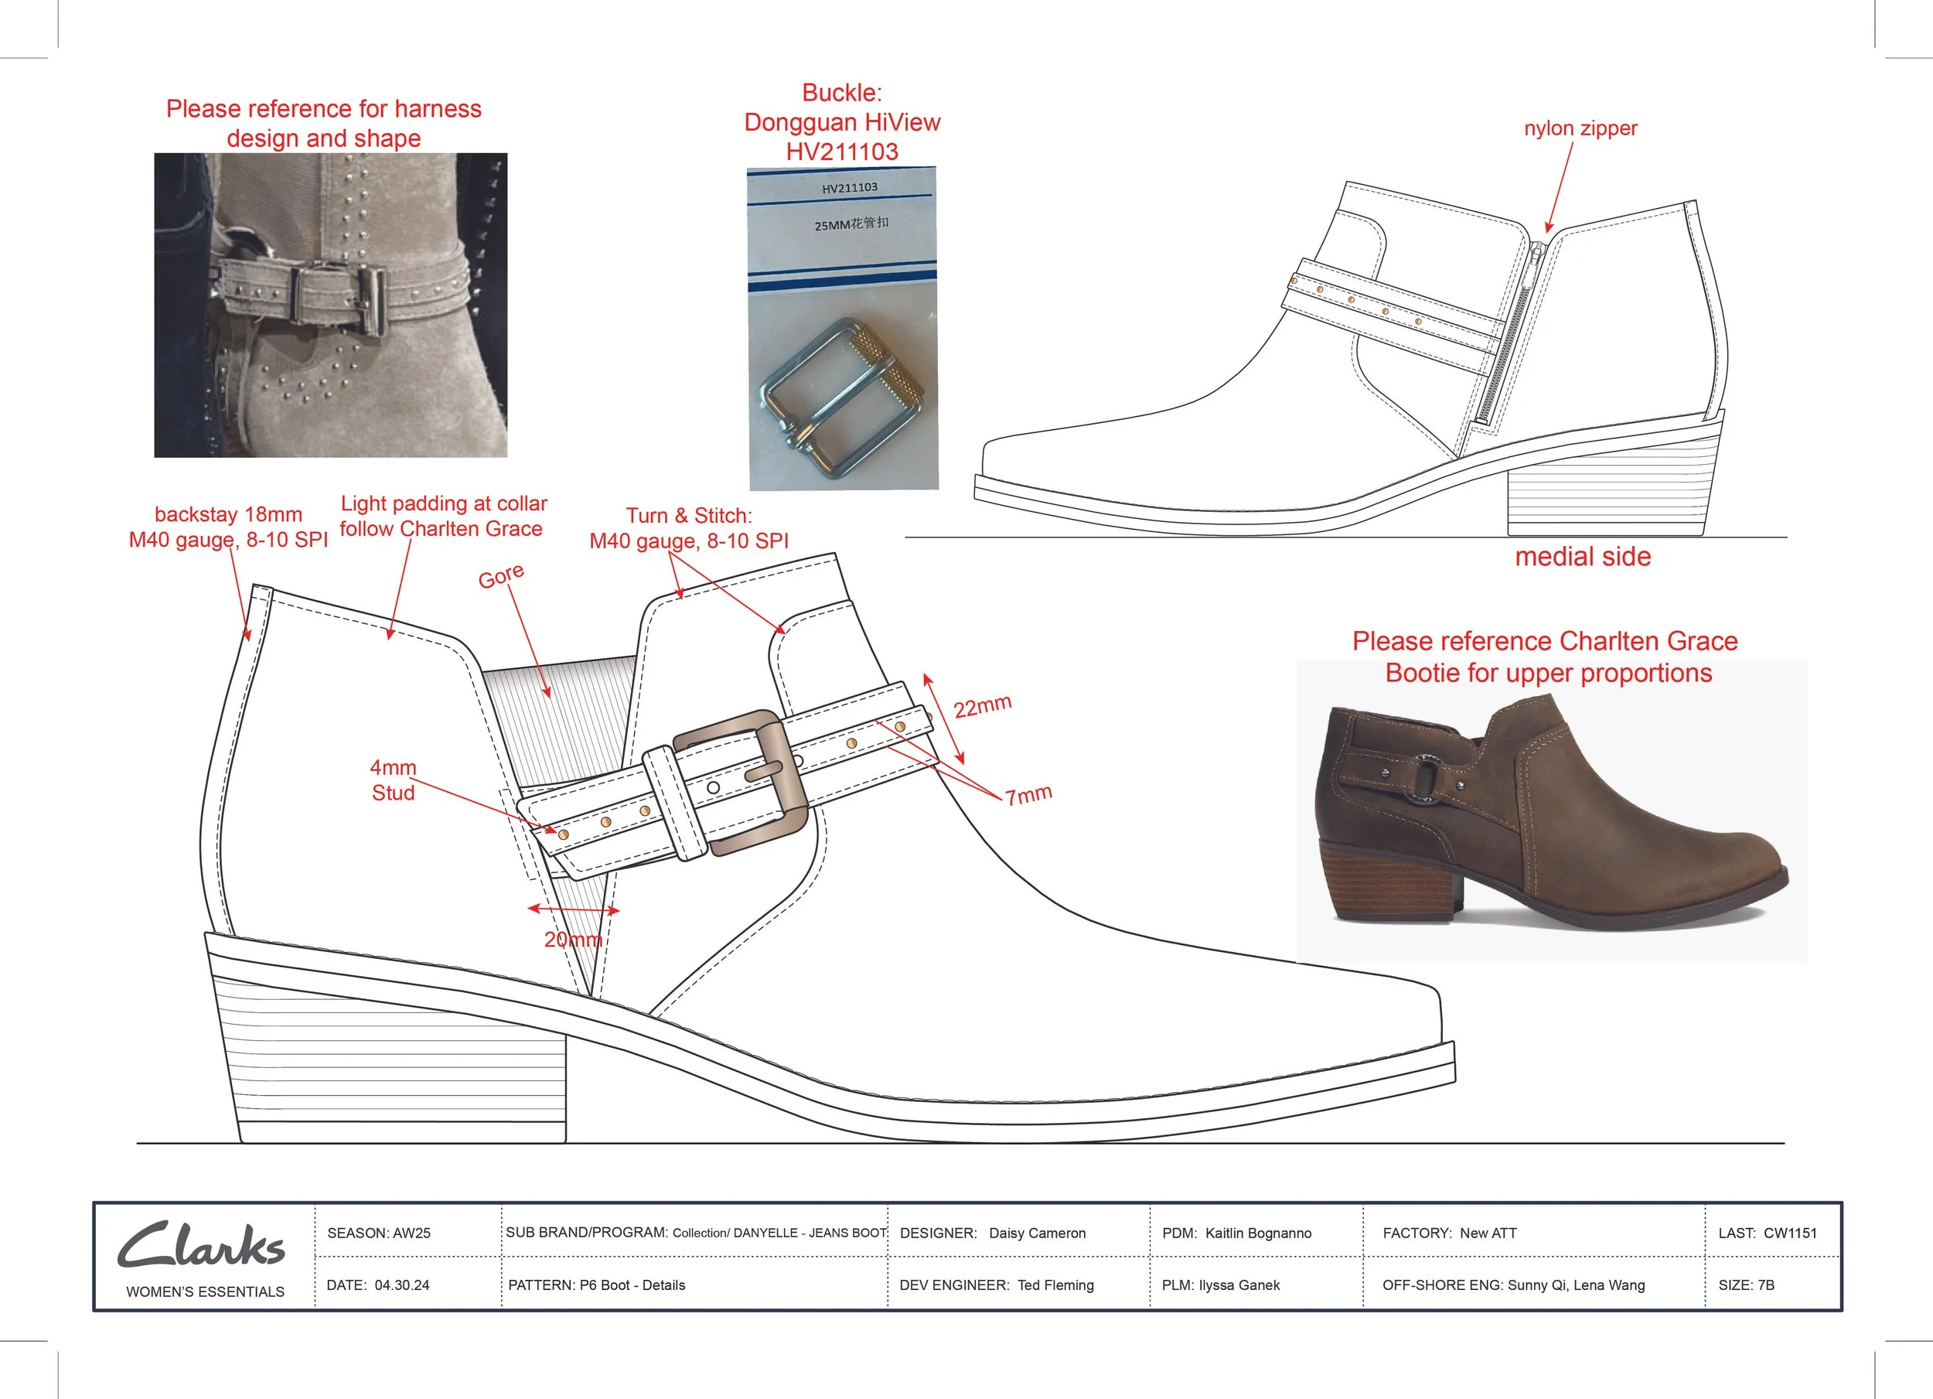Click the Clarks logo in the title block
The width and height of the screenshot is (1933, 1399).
201,1246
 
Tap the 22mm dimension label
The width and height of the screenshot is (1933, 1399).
982,706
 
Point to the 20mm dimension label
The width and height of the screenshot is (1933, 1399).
573,940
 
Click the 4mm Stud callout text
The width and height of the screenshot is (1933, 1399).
393,780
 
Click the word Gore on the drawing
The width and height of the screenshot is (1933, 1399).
501,576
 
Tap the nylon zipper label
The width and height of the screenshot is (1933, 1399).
1580,128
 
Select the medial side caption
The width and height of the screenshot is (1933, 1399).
1583,557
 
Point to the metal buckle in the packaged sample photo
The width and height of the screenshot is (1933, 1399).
840,396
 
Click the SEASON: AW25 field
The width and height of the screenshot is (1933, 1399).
378,1233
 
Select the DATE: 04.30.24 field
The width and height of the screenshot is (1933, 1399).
377,1285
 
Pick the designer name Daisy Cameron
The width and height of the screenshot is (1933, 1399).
1037,1233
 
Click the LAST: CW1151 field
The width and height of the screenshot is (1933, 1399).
1767,1233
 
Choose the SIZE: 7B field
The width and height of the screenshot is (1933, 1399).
1745,1285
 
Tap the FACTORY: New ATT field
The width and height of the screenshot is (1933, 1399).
1449,1233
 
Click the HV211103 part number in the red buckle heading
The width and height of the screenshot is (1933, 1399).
841,152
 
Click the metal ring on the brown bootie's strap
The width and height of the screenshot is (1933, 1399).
1430,776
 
